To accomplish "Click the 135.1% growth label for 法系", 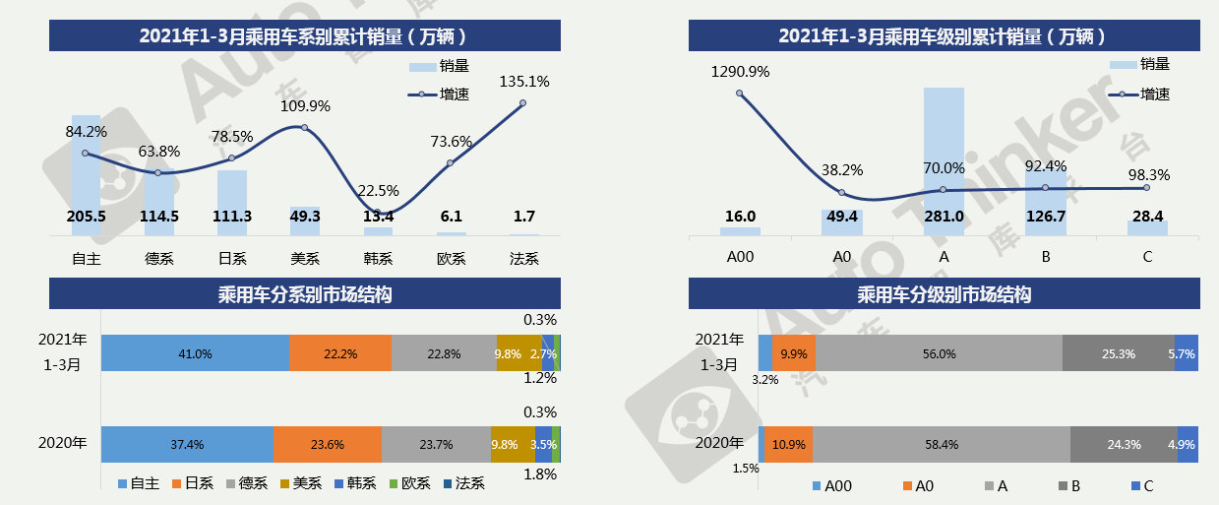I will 524,82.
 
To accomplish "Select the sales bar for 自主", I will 87,177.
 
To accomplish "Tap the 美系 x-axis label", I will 304,258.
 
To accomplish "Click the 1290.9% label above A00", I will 740,72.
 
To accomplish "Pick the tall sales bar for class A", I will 944,162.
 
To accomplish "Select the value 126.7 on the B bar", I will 1046,217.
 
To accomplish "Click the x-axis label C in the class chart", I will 1147,258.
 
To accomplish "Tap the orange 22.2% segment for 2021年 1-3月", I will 339,352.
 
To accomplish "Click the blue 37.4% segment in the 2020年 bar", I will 187,444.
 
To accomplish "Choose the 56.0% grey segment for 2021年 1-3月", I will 939,353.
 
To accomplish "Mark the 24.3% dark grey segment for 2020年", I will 1124,444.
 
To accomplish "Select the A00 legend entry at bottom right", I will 830,486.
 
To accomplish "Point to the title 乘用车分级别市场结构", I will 944,294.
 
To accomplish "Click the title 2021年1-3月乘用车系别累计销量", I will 305,36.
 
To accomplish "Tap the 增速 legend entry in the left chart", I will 439,95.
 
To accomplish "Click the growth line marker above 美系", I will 304,128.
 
